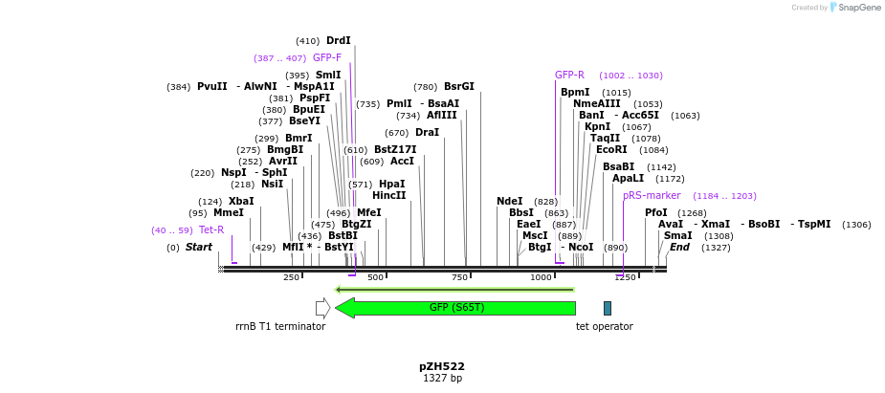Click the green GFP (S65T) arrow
(456, 308)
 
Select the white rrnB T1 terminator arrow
(323, 308)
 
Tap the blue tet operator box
(607, 308)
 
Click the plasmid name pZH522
(442, 366)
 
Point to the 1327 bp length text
(442, 379)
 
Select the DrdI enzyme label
(339, 41)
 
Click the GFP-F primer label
(327, 57)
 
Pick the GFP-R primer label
(569, 75)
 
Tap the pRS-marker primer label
(652, 195)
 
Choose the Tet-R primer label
(211, 229)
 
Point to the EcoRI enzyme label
(611, 149)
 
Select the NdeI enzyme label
(510, 201)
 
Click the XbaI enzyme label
(241, 201)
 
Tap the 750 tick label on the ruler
(459, 277)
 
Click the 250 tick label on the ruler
(291, 277)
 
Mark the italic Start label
(199, 247)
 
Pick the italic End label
(679, 247)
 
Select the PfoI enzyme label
(656, 212)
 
